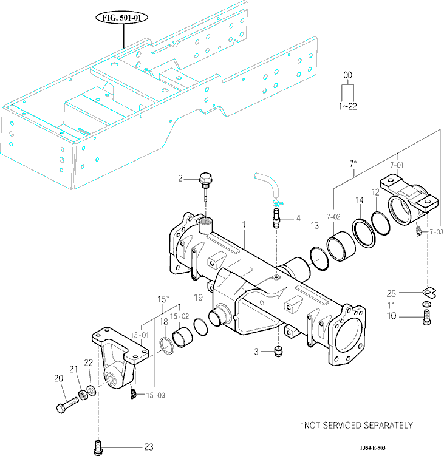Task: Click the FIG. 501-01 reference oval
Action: (124, 18)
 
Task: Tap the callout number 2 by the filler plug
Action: (180, 178)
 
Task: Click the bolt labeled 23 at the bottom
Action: (97, 447)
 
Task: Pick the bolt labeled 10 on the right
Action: (426, 316)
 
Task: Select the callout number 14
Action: (359, 200)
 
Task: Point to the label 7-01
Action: (396, 165)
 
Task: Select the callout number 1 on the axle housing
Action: (244, 225)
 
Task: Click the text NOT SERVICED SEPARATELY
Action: (357, 425)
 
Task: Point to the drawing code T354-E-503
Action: (372, 447)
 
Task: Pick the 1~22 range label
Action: (348, 106)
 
